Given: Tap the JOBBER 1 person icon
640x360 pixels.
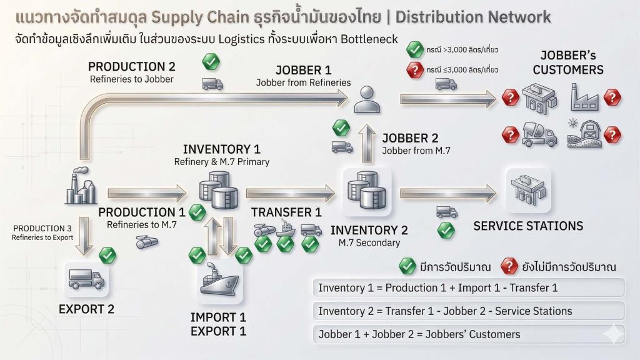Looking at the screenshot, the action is tap(367, 99).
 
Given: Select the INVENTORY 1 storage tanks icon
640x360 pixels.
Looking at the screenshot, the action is tap(218, 190).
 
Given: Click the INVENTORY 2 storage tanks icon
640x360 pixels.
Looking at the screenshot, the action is tap(366, 190).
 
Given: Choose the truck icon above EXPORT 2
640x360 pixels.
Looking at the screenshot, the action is tap(86, 279).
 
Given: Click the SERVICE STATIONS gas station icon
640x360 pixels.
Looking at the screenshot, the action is tap(528, 190).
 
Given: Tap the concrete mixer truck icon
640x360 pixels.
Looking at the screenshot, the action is tap(539, 135).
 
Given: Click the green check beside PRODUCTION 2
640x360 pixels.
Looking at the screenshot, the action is tap(211, 62).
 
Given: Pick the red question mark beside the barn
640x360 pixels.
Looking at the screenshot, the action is tap(612, 135).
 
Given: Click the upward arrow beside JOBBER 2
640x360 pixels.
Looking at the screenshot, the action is tap(367, 144).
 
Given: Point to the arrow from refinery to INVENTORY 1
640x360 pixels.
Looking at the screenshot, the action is tap(147, 193).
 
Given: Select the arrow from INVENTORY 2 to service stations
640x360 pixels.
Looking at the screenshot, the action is tap(448, 193).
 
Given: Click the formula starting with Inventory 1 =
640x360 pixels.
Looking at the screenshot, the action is tap(438, 287).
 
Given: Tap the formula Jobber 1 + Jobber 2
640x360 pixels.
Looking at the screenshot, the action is tap(419, 334).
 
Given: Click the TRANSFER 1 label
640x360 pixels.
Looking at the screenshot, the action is tap(286, 212).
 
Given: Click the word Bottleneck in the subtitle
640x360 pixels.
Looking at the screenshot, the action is tap(369, 39).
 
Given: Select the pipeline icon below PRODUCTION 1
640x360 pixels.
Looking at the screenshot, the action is tap(146, 242).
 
